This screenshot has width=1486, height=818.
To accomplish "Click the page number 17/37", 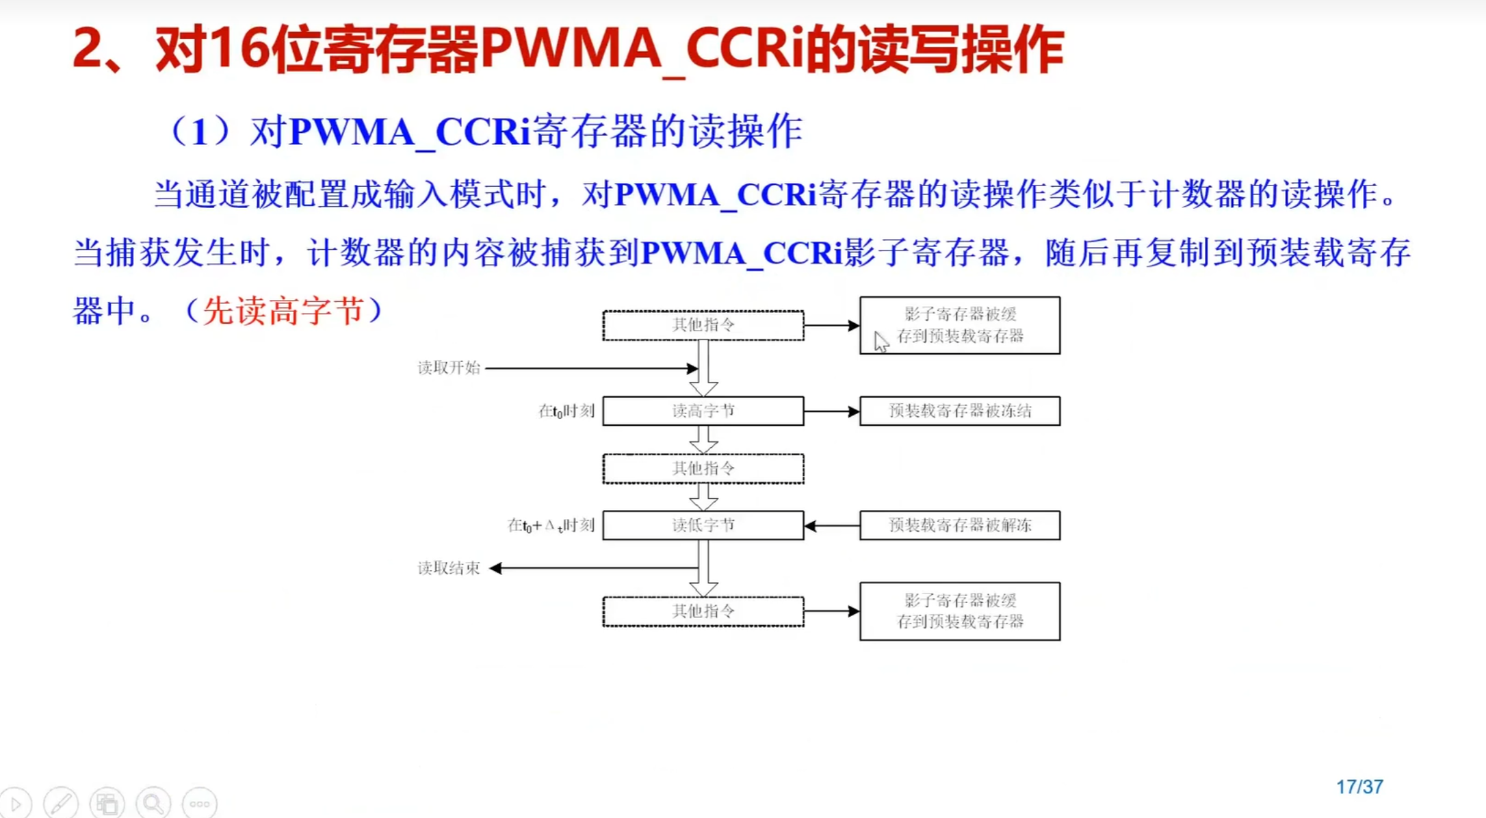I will [1359, 787].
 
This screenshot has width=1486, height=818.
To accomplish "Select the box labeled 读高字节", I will [703, 411].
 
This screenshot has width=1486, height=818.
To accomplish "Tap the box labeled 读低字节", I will [703, 525].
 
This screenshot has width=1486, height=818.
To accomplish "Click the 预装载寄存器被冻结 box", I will [959, 411].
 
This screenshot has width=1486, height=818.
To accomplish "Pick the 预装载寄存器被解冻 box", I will [959, 525].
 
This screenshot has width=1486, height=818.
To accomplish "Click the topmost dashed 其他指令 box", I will [703, 325].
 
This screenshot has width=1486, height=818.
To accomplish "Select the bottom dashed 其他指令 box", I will [703, 611].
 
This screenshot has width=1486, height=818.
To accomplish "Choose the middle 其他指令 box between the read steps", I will [703, 468].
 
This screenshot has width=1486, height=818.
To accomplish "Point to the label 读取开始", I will [449, 368].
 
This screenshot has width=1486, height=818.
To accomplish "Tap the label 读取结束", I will [449, 568].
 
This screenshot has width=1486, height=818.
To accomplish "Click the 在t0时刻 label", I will [566, 411].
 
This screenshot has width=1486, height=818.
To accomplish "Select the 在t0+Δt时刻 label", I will [551, 525].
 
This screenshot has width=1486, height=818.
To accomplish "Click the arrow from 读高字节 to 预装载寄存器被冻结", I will [831, 411].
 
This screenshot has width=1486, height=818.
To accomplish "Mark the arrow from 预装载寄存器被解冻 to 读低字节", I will [831, 526].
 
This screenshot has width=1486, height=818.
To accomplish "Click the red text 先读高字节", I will [283, 311].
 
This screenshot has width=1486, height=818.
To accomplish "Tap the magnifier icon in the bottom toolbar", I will [153, 803].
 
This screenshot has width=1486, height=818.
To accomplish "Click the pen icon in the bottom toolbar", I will [61, 803].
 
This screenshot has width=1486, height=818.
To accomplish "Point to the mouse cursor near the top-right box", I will [881, 342].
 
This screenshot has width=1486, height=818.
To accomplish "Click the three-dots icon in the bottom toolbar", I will [199, 803].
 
